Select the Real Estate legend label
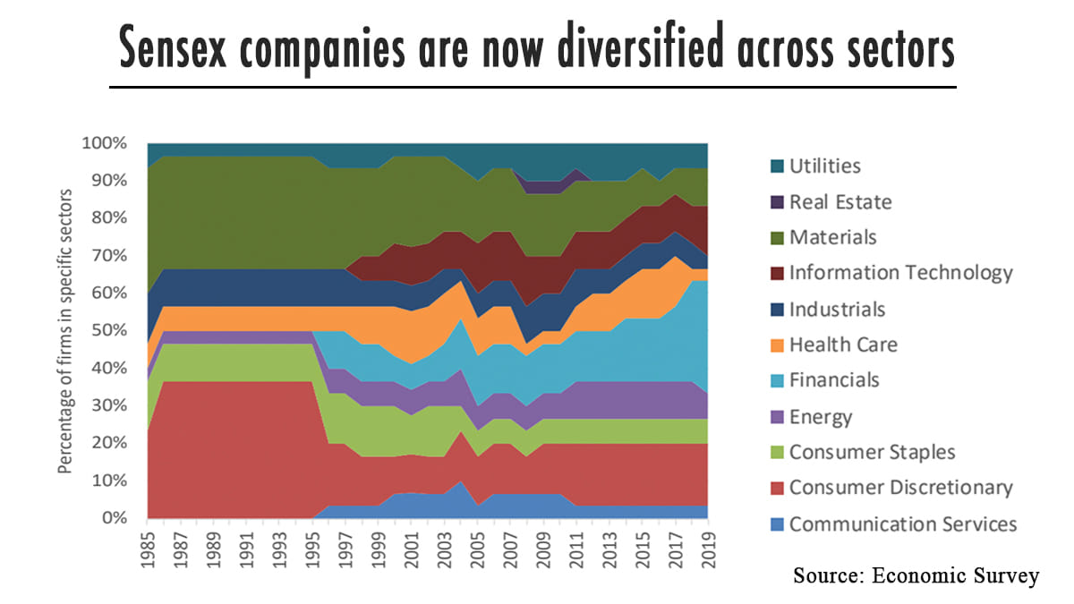(840, 201)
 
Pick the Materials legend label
(832, 237)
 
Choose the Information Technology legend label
(900, 273)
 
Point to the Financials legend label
(834, 380)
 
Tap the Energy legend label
(821, 416)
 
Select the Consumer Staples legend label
(873, 452)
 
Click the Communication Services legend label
(903, 523)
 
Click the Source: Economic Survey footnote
(916, 575)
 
